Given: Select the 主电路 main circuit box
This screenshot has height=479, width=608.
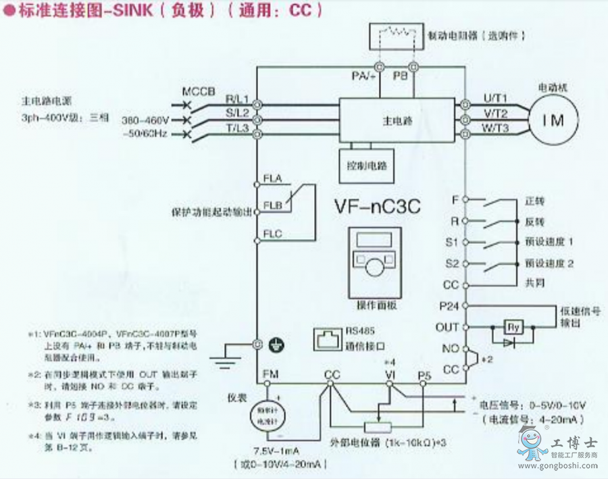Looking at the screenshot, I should [397, 121].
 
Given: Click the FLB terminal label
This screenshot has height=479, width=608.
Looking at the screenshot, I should [272, 205].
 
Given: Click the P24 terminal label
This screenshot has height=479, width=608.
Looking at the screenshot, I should [449, 305].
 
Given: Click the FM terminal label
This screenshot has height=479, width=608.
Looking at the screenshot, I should [269, 374].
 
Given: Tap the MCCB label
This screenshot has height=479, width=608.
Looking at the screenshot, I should [197, 91].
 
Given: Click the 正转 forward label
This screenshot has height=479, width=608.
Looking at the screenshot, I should [534, 201].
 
